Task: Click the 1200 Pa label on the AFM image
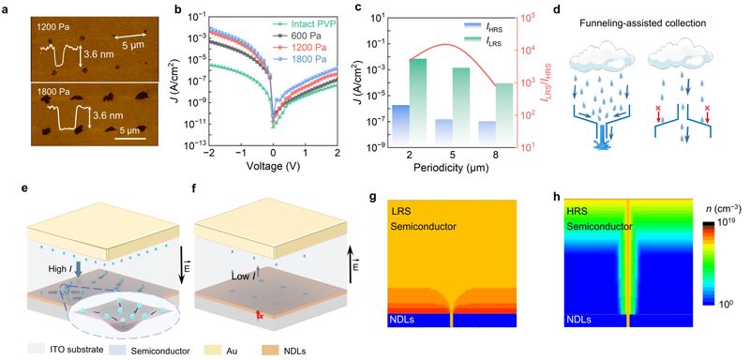(52, 27)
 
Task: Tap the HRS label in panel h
(577, 210)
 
